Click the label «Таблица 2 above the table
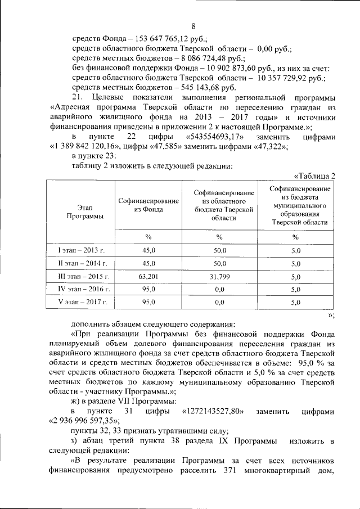315,175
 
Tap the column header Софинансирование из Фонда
148,205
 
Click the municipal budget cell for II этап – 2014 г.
296,263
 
